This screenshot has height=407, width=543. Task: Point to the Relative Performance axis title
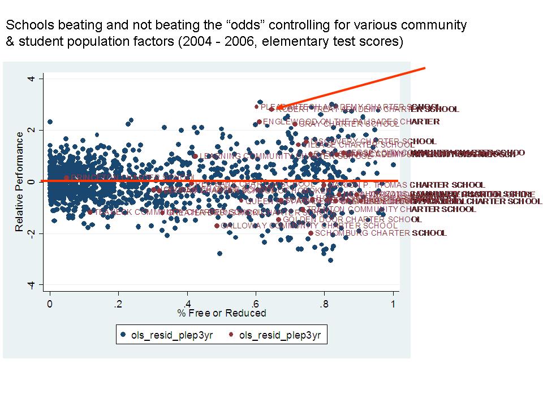click(20, 181)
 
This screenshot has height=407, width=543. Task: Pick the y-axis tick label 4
click(32, 78)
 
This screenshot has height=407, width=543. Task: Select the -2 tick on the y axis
click(32, 233)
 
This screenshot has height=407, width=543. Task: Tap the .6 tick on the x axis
click(255, 303)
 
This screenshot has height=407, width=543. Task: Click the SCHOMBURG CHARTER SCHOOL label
click(380, 233)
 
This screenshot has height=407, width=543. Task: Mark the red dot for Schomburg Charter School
click(311, 233)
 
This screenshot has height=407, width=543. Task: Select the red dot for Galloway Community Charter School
click(217, 226)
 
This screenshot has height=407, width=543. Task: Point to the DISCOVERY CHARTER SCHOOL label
click(373, 141)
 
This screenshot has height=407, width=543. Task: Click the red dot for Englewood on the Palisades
click(259, 122)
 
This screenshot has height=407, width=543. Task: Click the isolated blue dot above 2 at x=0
click(50, 122)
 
